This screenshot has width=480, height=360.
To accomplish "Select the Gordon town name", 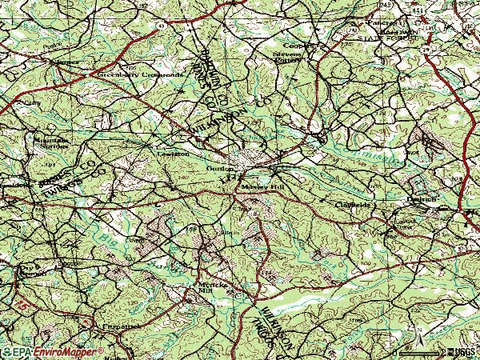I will (220, 170).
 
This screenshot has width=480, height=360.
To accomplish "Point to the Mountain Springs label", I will (50, 143).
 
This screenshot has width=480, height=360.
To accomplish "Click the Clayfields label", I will (352, 206).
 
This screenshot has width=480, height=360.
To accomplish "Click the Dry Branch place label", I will (29, 269).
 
